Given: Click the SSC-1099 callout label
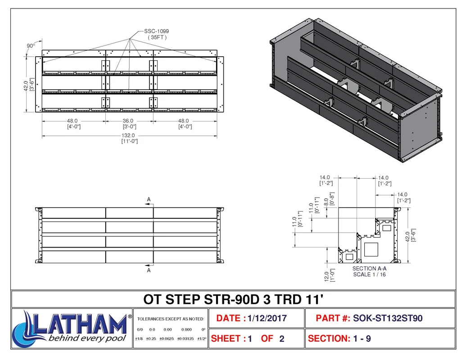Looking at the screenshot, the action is click(x=157, y=31).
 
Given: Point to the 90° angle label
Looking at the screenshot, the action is click(x=31, y=46).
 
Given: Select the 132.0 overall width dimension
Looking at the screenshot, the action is click(x=128, y=135).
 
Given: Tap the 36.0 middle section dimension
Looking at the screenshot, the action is click(x=128, y=121).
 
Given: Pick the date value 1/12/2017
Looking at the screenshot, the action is click(x=267, y=319).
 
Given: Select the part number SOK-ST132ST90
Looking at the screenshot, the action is click(x=388, y=319).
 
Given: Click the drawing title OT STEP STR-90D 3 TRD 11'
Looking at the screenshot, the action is click(x=233, y=299).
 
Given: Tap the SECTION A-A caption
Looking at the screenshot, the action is click(x=369, y=269).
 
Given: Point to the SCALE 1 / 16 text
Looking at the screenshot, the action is click(x=369, y=274).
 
